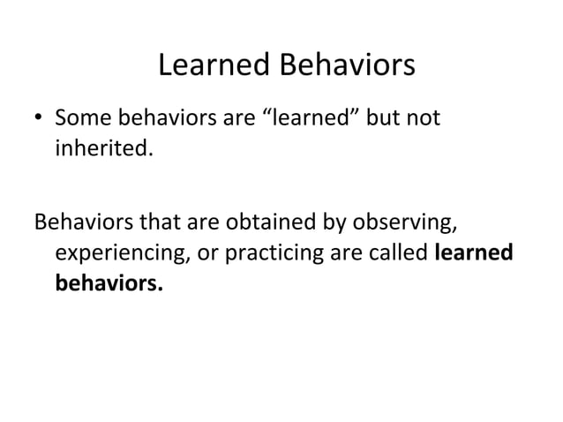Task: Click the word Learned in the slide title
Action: [213, 67]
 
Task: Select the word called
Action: [402, 253]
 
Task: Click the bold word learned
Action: [475, 253]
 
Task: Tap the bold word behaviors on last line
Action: [109, 284]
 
